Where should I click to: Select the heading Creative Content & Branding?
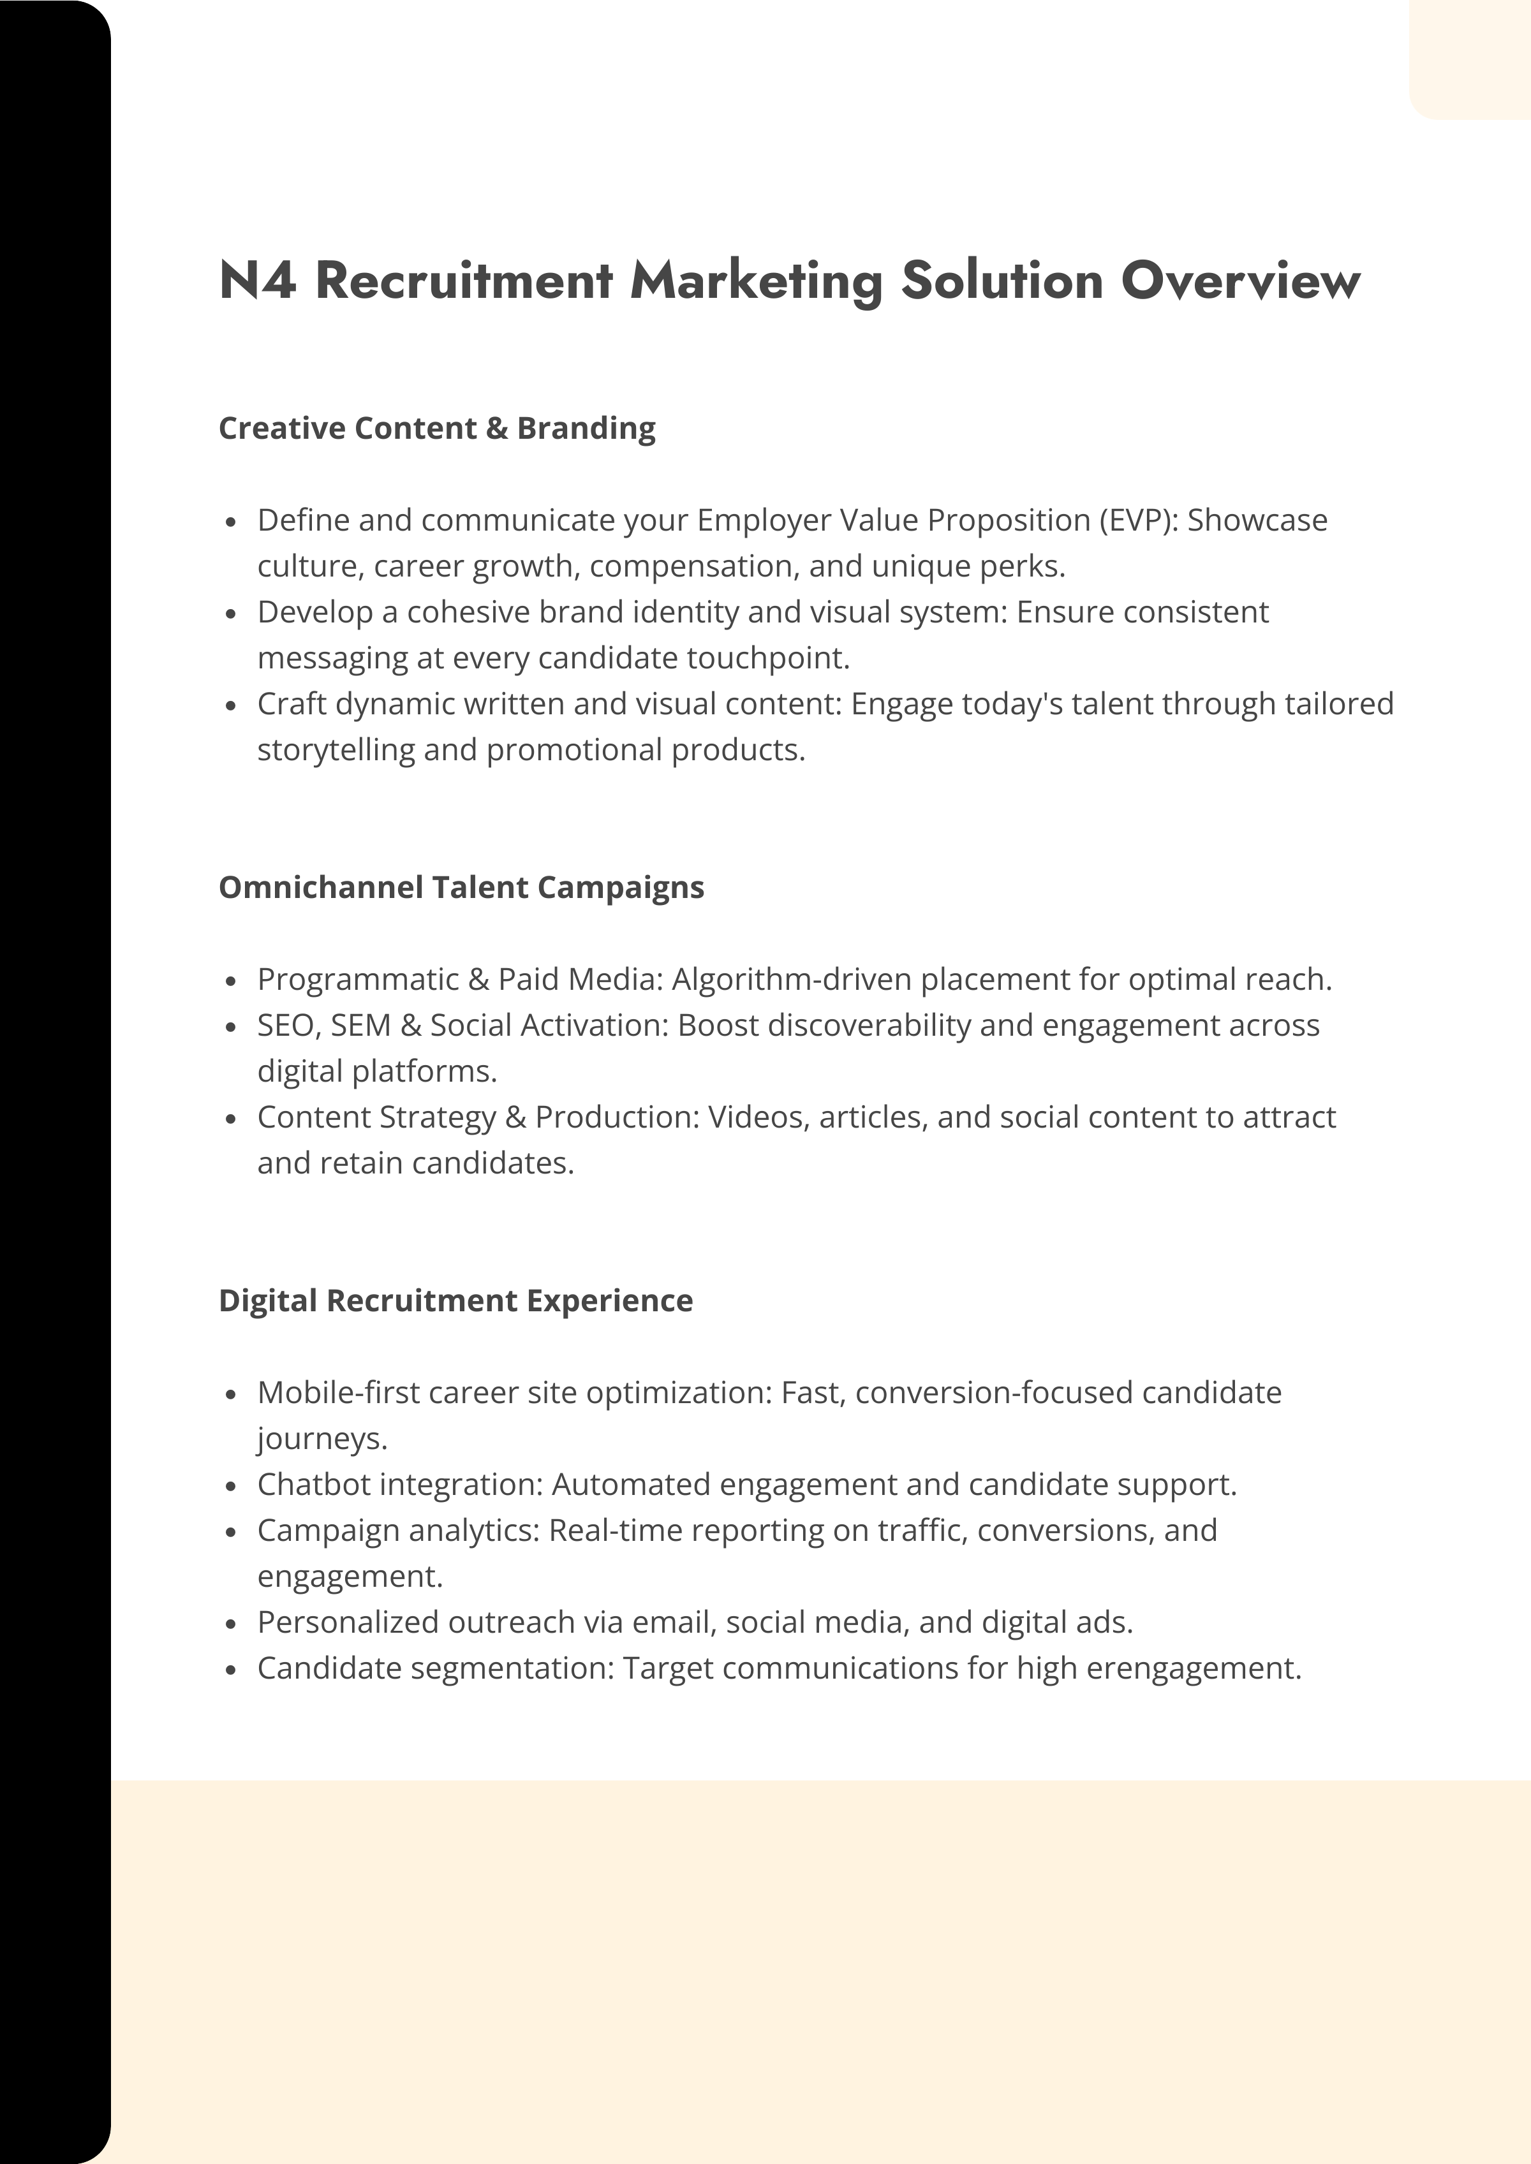pos(436,429)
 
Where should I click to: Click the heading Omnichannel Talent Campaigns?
pos(461,888)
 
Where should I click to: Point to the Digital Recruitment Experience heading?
pos(455,1300)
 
